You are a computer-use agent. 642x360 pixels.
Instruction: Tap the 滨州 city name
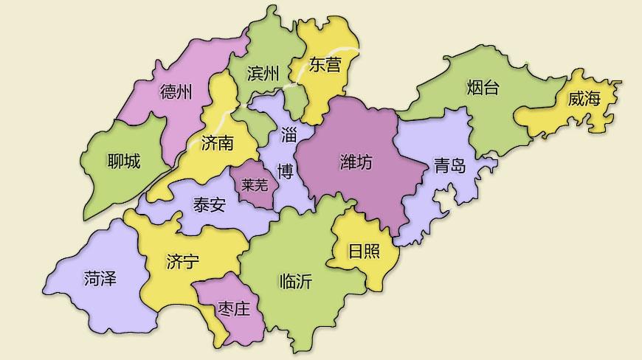point(263,74)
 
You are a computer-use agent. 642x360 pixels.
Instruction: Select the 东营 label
point(325,65)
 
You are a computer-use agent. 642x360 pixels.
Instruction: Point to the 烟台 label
point(483,89)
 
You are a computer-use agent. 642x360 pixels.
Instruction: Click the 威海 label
point(584,100)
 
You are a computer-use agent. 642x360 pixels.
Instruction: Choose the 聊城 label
point(123,160)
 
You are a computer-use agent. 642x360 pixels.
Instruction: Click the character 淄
point(288,136)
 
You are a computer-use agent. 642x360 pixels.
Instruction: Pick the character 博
point(285,172)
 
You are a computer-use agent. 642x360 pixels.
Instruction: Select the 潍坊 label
point(356,162)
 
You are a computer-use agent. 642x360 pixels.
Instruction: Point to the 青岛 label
point(449,165)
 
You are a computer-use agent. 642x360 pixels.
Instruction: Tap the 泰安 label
point(209,205)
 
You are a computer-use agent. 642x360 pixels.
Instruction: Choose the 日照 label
point(364,251)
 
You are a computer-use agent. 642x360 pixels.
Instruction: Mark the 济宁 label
point(183,261)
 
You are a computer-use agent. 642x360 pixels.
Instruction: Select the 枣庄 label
point(234,308)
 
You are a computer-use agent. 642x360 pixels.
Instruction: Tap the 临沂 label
point(296,280)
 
